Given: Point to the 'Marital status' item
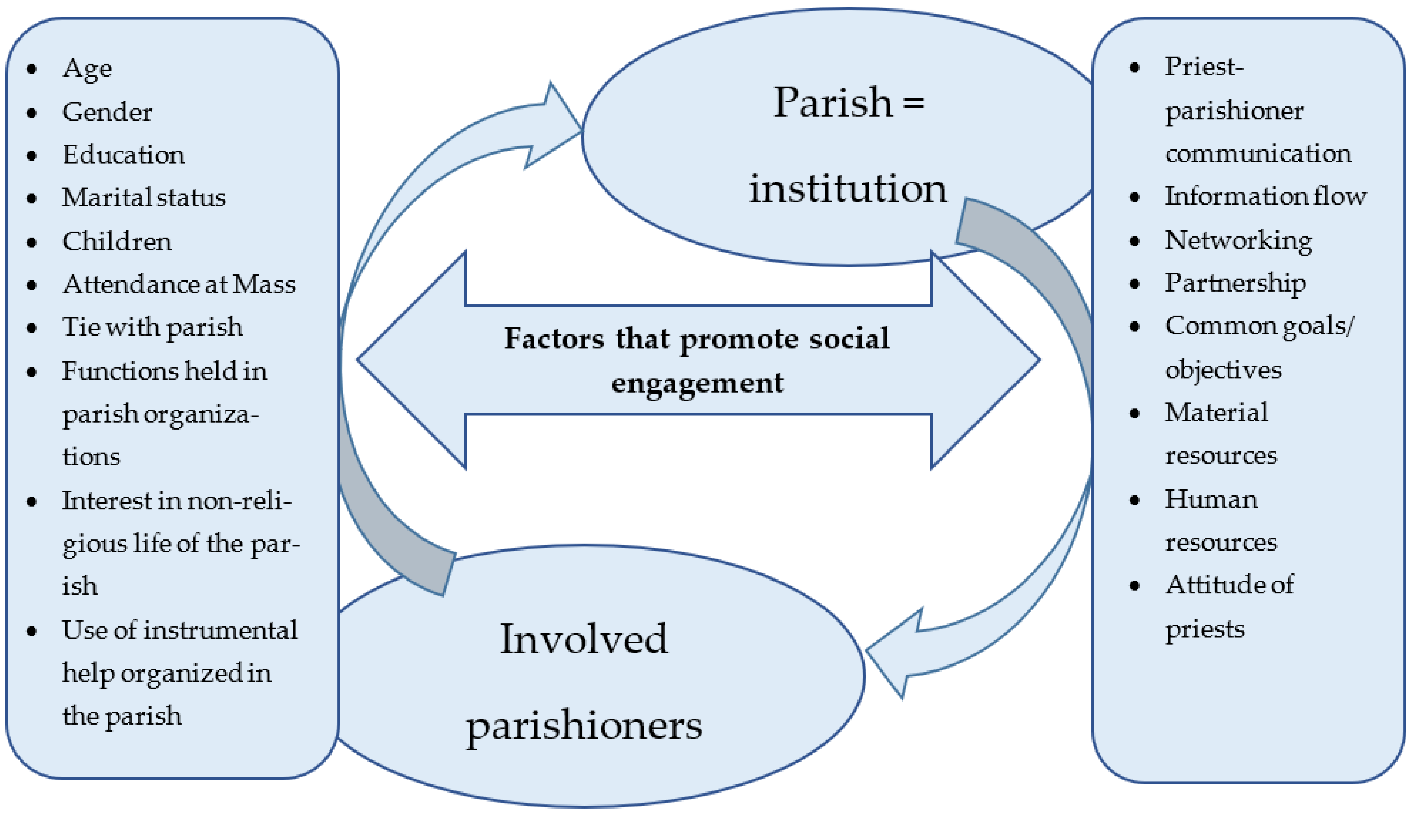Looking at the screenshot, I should [x=144, y=198].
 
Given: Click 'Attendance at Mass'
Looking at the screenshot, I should [x=178, y=284].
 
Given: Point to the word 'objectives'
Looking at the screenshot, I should [x=1223, y=370].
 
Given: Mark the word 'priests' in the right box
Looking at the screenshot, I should [x=1204, y=630].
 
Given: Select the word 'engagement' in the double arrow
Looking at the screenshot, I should [x=697, y=383].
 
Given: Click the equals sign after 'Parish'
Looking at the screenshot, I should [x=913, y=103].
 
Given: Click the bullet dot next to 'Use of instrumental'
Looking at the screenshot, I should [x=32, y=631].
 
